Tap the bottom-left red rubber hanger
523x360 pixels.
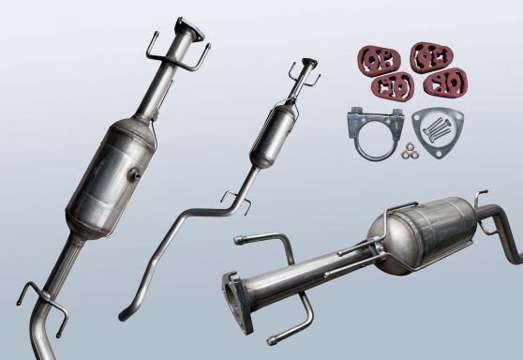393,84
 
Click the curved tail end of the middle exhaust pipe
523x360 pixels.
126,313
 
